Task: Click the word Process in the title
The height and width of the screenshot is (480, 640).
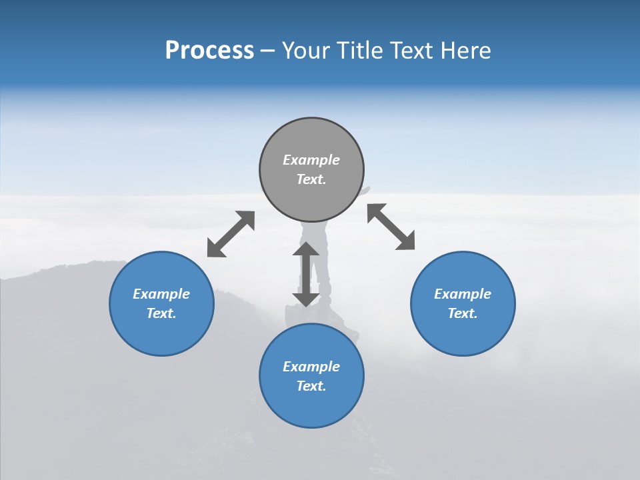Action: [209, 51]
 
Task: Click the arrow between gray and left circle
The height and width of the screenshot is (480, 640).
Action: [231, 234]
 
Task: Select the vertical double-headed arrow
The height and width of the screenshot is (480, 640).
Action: [306, 274]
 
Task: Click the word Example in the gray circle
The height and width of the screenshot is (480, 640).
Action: [311, 160]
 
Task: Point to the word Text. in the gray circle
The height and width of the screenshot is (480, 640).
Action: [311, 179]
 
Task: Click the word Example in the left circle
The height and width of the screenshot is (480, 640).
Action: [161, 294]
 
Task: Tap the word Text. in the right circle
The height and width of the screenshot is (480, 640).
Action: [463, 313]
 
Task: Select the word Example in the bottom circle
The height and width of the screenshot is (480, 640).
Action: [311, 367]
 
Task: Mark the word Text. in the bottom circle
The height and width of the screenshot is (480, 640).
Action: [311, 386]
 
